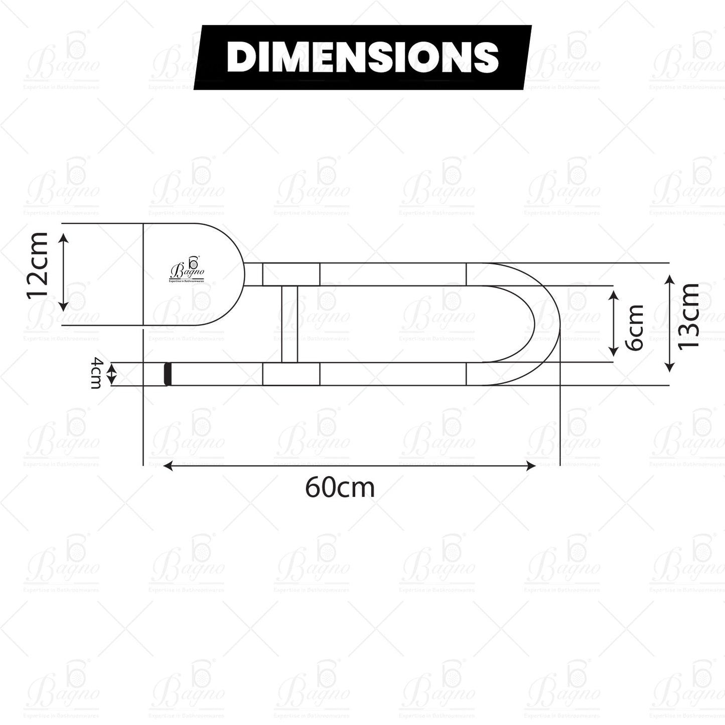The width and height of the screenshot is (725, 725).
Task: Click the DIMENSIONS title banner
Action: tap(362, 57)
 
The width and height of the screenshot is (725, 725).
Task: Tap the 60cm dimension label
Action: tap(340, 487)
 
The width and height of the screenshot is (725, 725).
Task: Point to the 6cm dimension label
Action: tap(635, 327)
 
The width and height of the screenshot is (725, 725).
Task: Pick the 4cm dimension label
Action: tap(95, 373)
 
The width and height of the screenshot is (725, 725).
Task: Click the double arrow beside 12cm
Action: tap(63, 272)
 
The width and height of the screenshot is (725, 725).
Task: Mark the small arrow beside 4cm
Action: tap(112, 374)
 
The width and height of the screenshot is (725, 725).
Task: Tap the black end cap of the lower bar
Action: tap(168, 374)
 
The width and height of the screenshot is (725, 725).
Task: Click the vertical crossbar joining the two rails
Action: tap(289, 324)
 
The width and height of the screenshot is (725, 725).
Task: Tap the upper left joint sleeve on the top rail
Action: tap(291, 274)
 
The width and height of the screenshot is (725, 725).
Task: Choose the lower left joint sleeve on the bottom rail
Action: tap(291, 374)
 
